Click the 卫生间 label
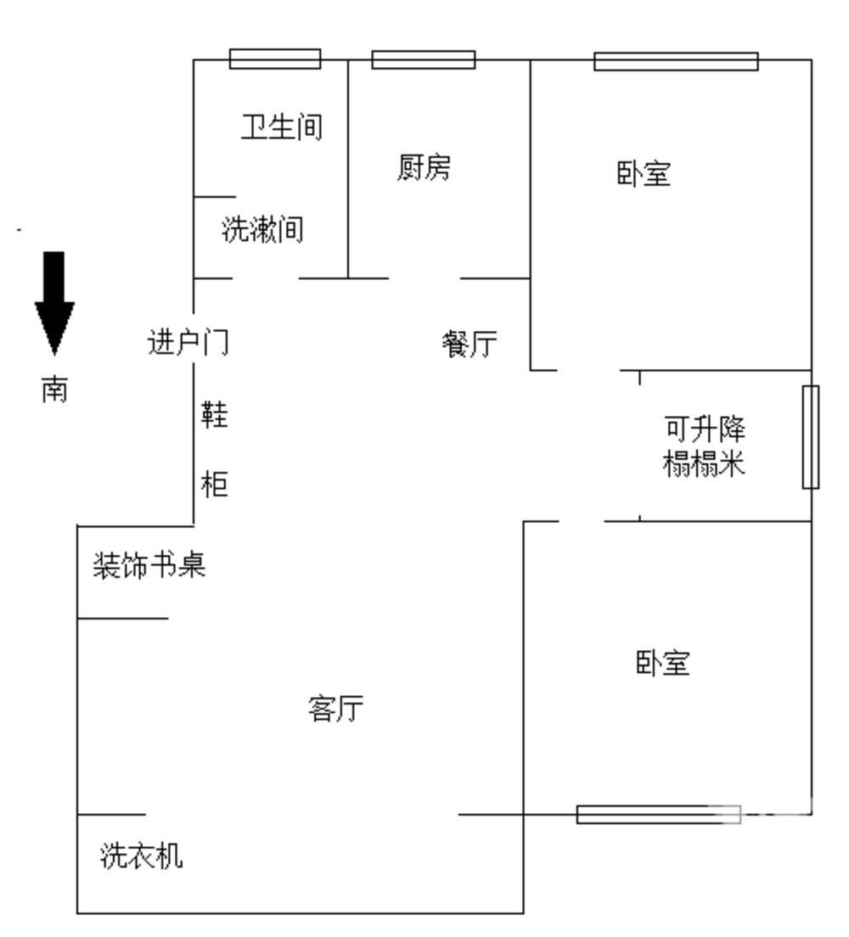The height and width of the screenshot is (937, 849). pyautogui.click(x=282, y=127)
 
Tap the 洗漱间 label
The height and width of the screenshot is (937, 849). pyautogui.click(x=262, y=229)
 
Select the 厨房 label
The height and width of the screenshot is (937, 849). pyautogui.click(x=424, y=167)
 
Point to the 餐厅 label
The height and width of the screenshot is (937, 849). pyautogui.click(x=469, y=344)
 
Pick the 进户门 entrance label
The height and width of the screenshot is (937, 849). pyautogui.click(x=188, y=343)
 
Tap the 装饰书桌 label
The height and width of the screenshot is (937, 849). pyautogui.click(x=149, y=566)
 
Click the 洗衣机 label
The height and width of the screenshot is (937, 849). pyautogui.click(x=141, y=856)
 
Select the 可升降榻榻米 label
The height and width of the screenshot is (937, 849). pyautogui.click(x=704, y=446)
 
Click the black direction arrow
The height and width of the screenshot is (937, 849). pyautogui.click(x=54, y=301)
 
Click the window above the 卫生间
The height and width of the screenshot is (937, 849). pyautogui.click(x=275, y=59)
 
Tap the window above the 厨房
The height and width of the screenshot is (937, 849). pyautogui.click(x=424, y=59)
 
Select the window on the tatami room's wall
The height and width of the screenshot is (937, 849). pyautogui.click(x=811, y=437)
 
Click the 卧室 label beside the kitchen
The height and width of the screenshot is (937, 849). pyautogui.click(x=643, y=175)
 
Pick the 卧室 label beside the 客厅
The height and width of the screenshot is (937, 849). pyautogui.click(x=663, y=663)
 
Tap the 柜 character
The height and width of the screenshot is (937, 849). pyautogui.click(x=214, y=485)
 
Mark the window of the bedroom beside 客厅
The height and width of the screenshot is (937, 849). pyautogui.click(x=658, y=815)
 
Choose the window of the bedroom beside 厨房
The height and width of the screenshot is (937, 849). pyautogui.click(x=676, y=61)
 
